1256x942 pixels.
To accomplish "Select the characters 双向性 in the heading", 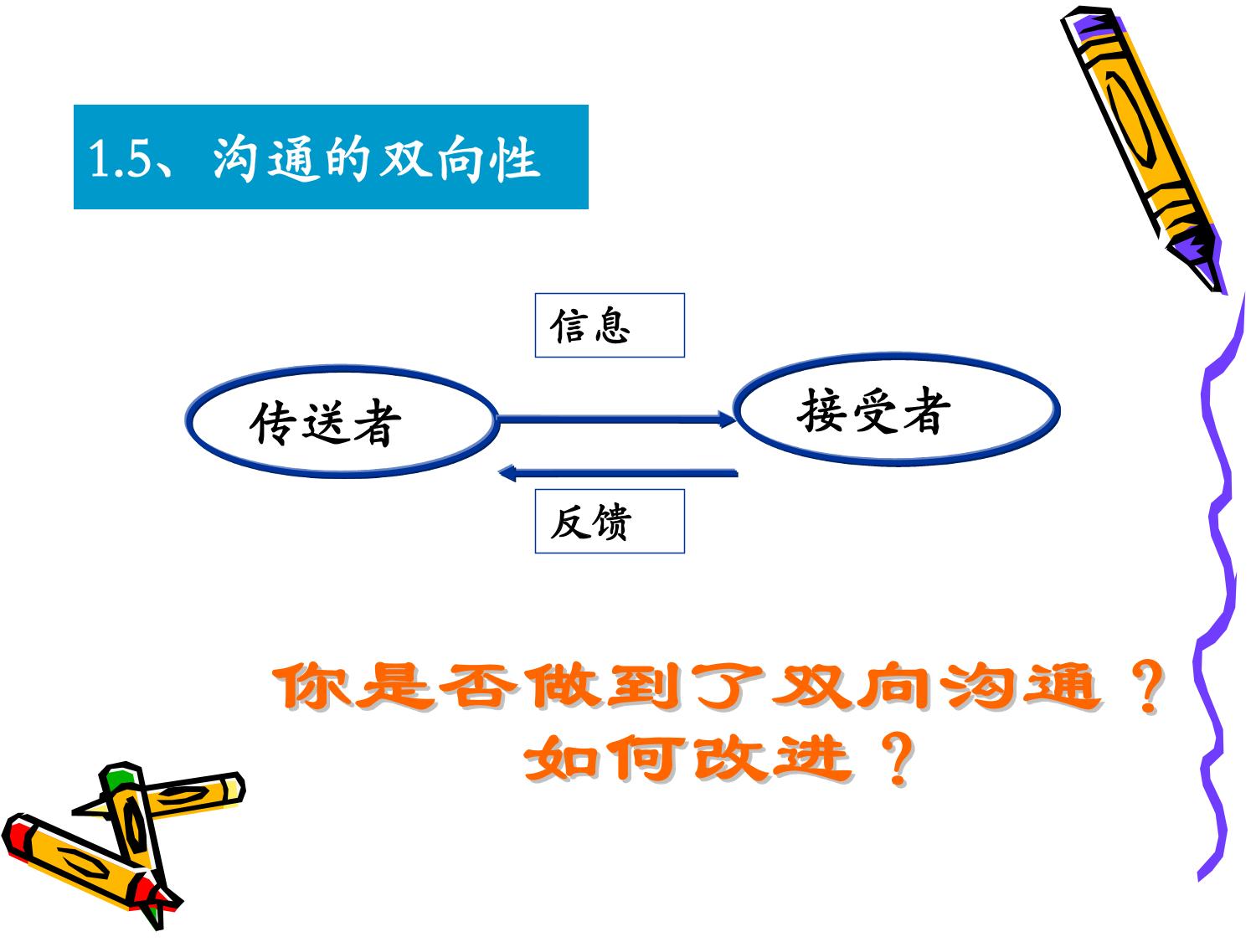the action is [x=460, y=158].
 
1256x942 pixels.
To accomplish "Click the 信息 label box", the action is [x=610, y=326].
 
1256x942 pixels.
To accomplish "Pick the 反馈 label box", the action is [x=610, y=521].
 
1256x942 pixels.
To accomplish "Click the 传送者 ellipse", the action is [x=341, y=368].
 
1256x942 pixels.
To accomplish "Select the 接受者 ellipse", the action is [x=896, y=356].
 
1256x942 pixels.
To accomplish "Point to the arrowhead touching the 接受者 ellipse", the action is [x=727, y=420].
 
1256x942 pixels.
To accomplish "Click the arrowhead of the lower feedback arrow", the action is [x=507, y=474].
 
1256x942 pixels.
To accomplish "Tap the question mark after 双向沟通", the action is [x=1146, y=686].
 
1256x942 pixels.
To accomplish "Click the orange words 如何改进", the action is [x=688, y=759].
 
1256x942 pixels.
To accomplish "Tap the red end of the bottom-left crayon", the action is [x=18, y=835].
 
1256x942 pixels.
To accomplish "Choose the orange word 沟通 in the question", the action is [x=1022, y=687].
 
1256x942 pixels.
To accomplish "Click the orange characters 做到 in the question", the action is [x=605, y=687].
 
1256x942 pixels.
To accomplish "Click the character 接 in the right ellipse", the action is [x=821, y=410].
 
